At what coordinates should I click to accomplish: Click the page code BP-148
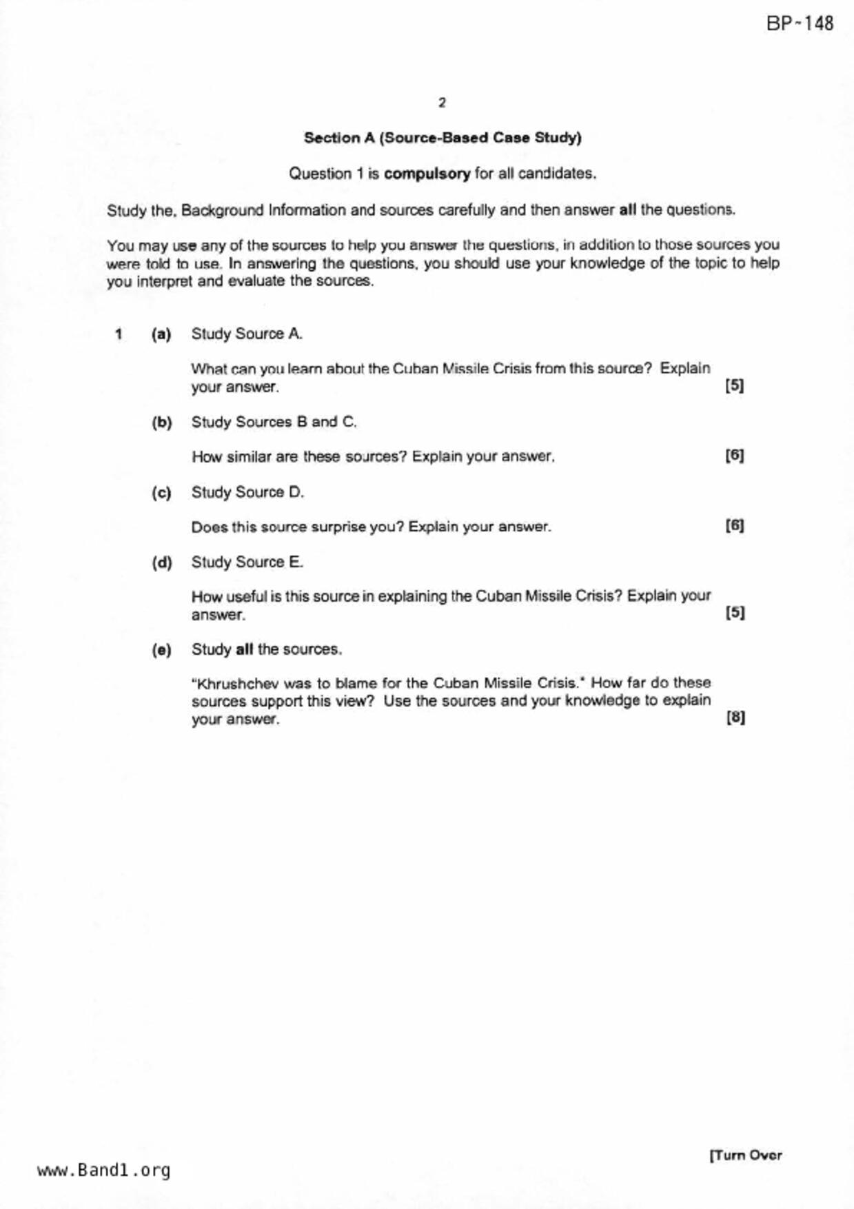(799, 23)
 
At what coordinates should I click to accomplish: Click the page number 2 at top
(442, 103)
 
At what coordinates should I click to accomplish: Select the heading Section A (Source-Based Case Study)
(443, 138)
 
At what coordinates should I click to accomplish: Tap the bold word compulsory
(427, 174)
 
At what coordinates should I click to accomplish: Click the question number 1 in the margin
(119, 334)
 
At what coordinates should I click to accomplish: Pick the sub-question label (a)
(161, 334)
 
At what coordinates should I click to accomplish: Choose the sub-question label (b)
(161, 423)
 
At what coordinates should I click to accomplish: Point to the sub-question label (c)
(161, 493)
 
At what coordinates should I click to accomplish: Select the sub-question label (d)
(161, 562)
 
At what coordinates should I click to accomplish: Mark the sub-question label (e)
(161, 650)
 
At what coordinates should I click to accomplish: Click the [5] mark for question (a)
(734, 385)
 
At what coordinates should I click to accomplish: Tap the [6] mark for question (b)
(734, 456)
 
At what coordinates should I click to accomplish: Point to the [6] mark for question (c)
(734, 526)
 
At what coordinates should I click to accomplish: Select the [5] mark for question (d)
(735, 612)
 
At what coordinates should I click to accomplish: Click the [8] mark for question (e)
(735, 718)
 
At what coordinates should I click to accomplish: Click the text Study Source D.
(247, 492)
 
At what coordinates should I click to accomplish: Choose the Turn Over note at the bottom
(746, 1155)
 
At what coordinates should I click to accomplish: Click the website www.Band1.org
(103, 1170)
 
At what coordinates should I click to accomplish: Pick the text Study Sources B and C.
(274, 422)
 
